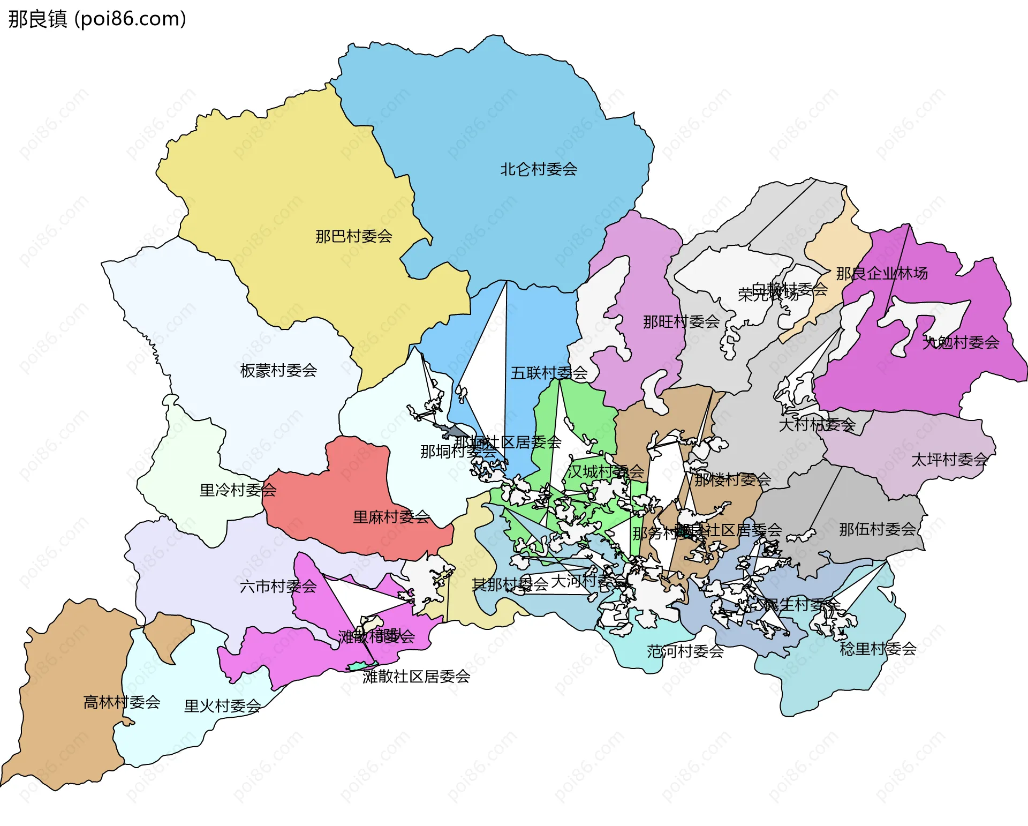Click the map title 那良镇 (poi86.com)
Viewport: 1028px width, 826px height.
coord(97,19)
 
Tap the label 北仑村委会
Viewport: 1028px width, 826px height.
coord(538,169)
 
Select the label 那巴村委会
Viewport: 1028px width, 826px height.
coord(353,236)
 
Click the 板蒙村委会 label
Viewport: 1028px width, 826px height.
coord(278,370)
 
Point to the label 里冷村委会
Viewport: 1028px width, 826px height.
coord(238,490)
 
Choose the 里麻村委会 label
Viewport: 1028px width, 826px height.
coord(391,516)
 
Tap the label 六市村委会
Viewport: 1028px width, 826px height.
coord(278,586)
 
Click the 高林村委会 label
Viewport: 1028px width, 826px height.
coord(122,702)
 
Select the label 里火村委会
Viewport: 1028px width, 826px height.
coord(222,705)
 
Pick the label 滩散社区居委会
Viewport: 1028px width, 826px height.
coord(416,676)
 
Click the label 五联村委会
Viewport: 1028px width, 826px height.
coord(548,372)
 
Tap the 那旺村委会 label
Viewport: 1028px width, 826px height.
coord(681,321)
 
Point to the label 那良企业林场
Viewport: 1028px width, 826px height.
coord(881,273)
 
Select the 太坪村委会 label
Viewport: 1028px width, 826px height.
coord(949,459)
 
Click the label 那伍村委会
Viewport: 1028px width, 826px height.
coord(877,529)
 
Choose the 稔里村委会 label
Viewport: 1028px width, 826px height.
coord(878,649)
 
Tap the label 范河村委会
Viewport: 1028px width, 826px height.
coord(685,651)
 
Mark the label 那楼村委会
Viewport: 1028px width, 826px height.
coord(732,479)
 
